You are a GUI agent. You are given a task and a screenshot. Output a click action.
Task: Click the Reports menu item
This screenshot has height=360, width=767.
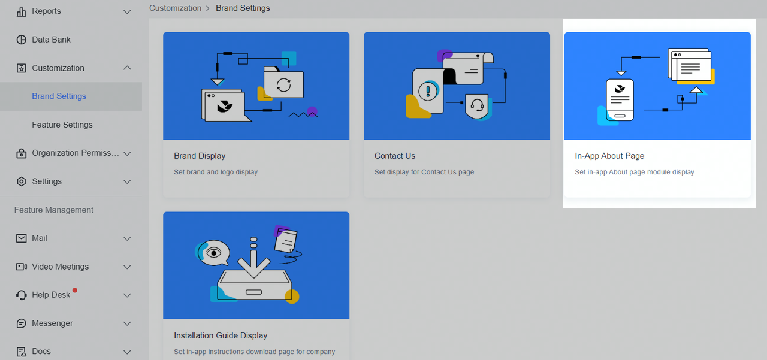click(x=46, y=11)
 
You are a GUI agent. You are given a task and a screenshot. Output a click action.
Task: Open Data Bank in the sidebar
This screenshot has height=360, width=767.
click(x=51, y=40)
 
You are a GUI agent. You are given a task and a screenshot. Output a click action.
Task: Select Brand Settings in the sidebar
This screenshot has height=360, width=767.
click(x=59, y=96)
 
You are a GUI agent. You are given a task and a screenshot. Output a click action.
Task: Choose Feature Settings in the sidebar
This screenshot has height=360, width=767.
click(x=62, y=125)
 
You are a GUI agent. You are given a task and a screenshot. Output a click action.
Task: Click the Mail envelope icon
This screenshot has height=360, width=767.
click(x=22, y=238)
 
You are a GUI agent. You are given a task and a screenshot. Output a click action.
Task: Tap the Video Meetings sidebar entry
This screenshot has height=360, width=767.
click(x=60, y=267)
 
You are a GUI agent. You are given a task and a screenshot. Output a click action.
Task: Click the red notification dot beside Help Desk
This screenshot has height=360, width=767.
click(x=75, y=291)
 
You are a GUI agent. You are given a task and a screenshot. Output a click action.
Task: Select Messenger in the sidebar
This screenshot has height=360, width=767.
click(x=52, y=323)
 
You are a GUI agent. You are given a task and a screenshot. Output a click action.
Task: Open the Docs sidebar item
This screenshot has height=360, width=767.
click(x=41, y=352)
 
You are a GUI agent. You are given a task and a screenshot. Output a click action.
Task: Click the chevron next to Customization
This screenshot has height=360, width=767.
click(x=127, y=68)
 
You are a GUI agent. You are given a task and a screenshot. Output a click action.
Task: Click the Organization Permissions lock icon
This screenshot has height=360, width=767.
click(x=22, y=153)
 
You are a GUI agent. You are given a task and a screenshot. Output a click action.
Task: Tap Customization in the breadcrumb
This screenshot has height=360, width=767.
click(x=175, y=8)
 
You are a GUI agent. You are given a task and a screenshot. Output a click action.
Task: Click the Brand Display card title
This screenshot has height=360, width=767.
click(x=200, y=156)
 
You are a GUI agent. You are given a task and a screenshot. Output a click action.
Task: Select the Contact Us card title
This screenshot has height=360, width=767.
click(x=395, y=156)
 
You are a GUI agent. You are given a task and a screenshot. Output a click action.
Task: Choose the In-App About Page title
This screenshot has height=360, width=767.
click(x=609, y=156)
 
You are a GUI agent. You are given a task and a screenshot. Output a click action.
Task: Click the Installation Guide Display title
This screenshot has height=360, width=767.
click(x=221, y=335)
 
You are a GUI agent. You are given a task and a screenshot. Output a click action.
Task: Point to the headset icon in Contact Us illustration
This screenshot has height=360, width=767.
click(x=478, y=106)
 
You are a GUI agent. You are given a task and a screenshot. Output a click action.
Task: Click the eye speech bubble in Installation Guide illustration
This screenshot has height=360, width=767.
click(x=214, y=252)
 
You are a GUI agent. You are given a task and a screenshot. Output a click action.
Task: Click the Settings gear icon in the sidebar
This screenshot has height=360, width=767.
click(x=22, y=181)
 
